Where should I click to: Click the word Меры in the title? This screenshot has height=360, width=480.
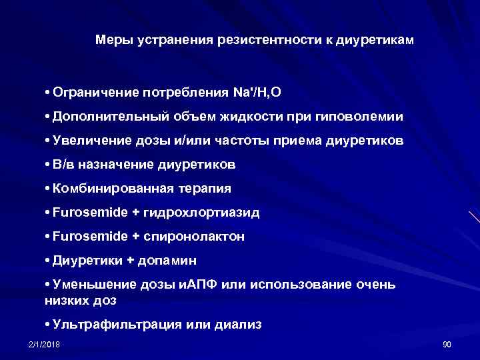[x=114, y=40]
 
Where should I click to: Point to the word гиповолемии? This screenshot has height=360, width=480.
[x=364, y=116]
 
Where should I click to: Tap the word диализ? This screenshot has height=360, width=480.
[x=238, y=325]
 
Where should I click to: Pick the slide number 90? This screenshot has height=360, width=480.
[x=447, y=343]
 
